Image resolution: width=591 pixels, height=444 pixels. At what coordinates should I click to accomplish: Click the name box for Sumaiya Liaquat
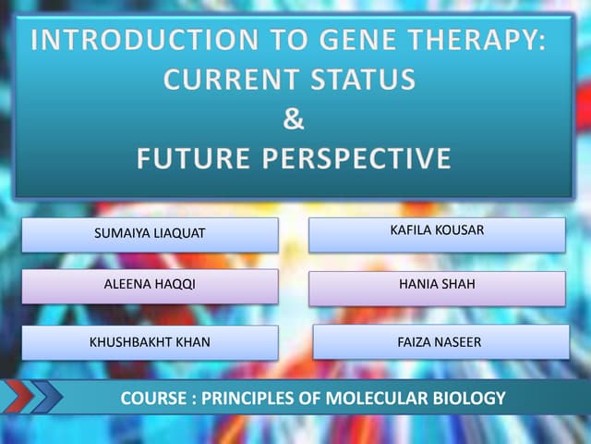click(x=150, y=234)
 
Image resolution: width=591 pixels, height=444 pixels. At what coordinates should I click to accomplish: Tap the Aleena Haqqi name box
click(x=150, y=286)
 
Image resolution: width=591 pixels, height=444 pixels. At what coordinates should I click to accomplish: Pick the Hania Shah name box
click(x=436, y=287)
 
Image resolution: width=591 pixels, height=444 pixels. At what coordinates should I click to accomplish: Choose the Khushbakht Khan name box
click(x=150, y=342)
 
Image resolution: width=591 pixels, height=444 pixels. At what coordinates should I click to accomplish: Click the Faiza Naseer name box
click(x=440, y=342)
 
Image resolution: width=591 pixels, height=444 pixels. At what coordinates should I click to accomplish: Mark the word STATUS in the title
click(x=364, y=80)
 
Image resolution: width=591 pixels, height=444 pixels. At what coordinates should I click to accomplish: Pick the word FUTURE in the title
click(x=193, y=159)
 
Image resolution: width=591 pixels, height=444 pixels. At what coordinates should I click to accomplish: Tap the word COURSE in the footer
click(x=153, y=400)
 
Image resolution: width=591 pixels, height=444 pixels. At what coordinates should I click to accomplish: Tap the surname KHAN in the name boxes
click(x=190, y=342)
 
